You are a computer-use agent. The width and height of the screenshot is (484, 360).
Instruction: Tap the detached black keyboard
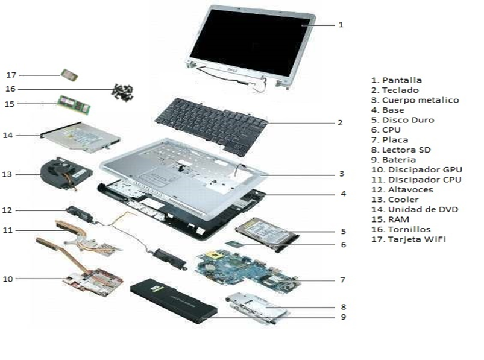click(x=211, y=124)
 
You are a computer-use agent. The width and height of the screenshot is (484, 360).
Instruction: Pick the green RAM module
click(x=74, y=104)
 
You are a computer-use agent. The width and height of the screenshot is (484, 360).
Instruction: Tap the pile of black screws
click(x=123, y=92)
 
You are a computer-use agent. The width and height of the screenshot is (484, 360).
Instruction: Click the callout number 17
click(x=11, y=75)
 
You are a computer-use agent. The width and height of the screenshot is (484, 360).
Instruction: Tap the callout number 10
click(x=8, y=279)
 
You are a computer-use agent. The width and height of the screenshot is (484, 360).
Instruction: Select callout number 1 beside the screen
click(x=341, y=25)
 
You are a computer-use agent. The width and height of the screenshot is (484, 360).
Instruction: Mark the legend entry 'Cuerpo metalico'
click(x=415, y=100)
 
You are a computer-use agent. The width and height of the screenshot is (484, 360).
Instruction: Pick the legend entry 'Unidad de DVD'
click(x=414, y=209)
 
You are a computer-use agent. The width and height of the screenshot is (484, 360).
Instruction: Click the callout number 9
click(x=342, y=317)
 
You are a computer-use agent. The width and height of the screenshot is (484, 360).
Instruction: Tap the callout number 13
click(x=7, y=174)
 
